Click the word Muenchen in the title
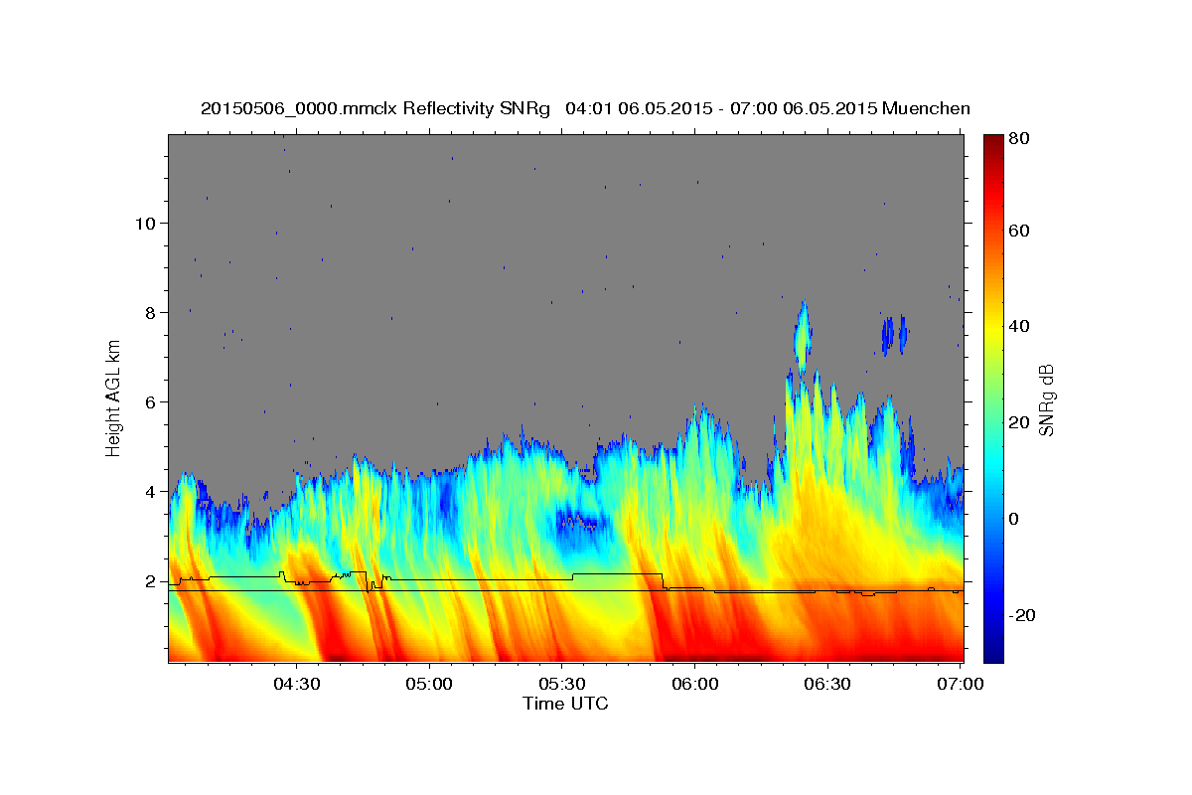pos(926,108)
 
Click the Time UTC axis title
pos(565,704)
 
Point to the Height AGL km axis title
pos(113,397)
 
